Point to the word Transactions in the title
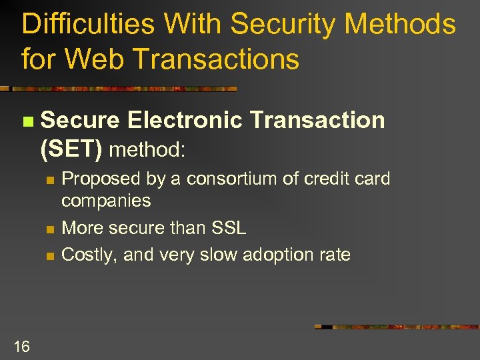pyautogui.click(x=215, y=59)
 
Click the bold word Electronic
pyautogui.click(x=185, y=120)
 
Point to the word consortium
pyautogui.click(x=229, y=179)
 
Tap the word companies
pyautogui.click(x=106, y=200)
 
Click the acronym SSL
pyautogui.click(x=228, y=228)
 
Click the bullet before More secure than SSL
pyautogui.click(x=49, y=229)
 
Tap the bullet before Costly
pyautogui.click(x=49, y=256)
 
